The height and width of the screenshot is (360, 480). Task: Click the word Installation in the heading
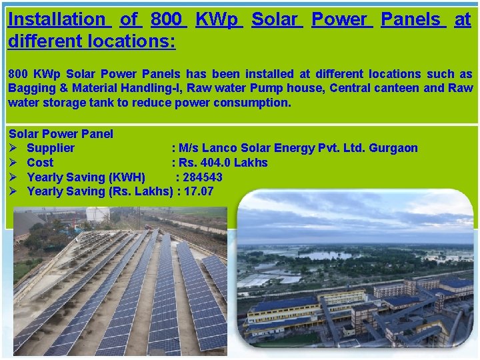coord(57,19)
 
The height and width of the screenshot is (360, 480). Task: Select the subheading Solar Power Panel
coord(61,134)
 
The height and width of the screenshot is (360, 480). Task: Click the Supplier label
coord(51,148)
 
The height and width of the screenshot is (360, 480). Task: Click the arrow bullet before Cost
coord(14,163)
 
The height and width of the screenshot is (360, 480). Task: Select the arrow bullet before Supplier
coord(14,148)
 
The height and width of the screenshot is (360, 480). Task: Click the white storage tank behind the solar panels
coord(98,215)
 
